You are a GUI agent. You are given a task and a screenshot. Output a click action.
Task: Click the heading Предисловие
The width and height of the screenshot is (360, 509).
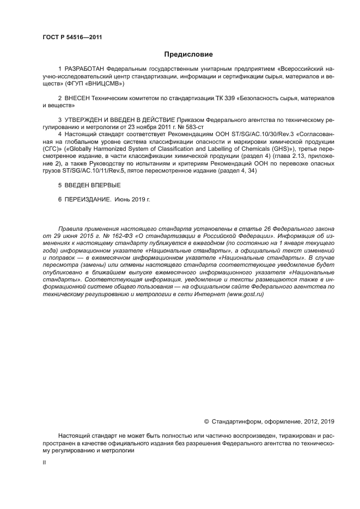pyautogui.click(x=188, y=54)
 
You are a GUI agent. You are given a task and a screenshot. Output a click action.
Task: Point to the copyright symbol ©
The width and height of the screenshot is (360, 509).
pyautogui.click(x=206, y=421)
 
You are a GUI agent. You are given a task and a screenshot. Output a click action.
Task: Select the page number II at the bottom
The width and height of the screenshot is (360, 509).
pyautogui.click(x=45, y=462)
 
